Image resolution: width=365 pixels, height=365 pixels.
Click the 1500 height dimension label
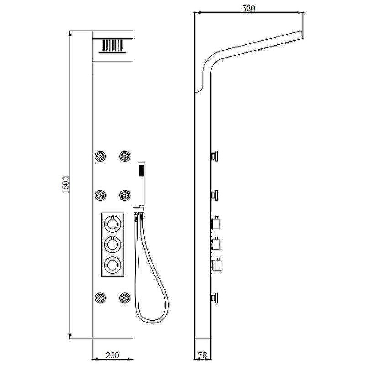pos(66,184)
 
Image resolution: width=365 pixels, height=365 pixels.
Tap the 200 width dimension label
pos(112,355)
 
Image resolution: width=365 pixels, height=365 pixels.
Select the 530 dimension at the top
pos(249,9)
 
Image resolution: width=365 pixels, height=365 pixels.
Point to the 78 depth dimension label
pos(202,355)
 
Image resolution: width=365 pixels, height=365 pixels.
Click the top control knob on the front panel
pos(113,224)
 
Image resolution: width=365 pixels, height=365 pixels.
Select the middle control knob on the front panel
pos(113,244)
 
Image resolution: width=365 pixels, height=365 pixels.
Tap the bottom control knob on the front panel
pos(113,265)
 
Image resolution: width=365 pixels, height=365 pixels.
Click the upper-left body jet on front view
pos(100,156)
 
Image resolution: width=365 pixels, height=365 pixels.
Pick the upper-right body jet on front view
pos(125,156)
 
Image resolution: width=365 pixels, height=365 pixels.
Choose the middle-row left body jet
pos(100,195)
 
